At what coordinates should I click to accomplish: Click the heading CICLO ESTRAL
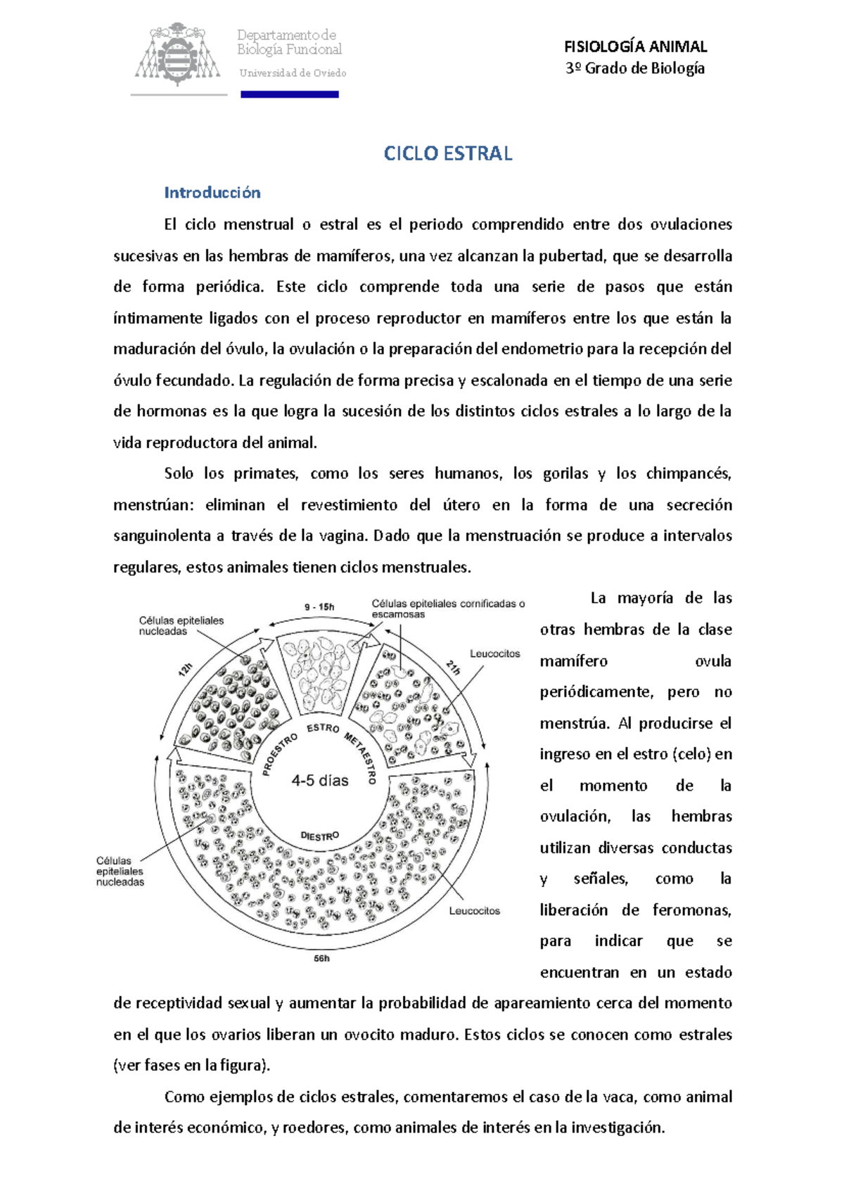[x=447, y=154]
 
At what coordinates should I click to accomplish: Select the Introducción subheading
[x=212, y=193]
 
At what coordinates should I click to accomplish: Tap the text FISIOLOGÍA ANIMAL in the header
[x=635, y=47]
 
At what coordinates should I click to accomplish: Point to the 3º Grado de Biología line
[x=635, y=68]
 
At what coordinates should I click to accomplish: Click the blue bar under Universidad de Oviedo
[x=290, y=94]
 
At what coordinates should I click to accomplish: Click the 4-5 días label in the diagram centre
[x=320, y=781]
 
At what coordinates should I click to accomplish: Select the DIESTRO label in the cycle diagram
[x=320, y=836]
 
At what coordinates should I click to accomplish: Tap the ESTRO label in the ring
[x=323, y=728]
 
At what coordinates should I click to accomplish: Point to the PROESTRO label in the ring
[x=280, y=754]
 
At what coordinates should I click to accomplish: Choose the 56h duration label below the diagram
[x=321, y=958]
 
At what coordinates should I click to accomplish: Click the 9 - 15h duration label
[x=319, y=607]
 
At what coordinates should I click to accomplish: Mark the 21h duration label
[x=453, y=667]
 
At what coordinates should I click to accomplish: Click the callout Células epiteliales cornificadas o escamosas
[x=448, y=609]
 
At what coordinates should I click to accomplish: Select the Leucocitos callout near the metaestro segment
[x=494, y=653]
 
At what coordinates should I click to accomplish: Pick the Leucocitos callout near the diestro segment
[x=475, y=911]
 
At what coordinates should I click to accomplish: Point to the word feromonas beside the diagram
[x=691, y=910]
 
